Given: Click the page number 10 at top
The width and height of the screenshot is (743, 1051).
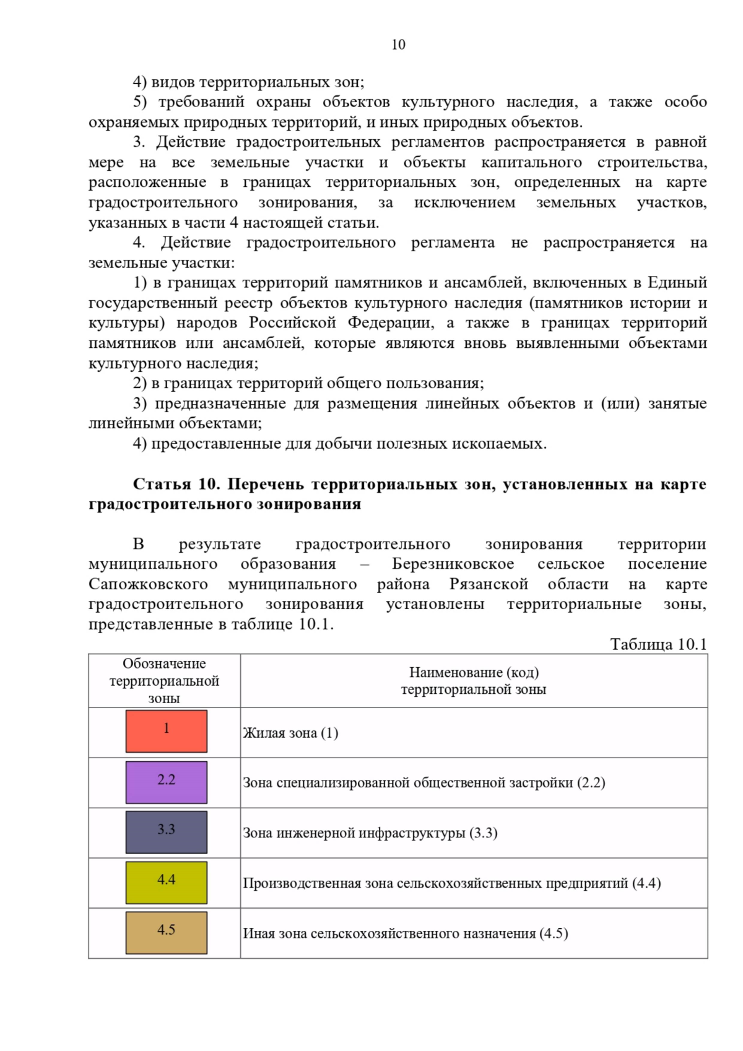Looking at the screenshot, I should [x=398, y=45].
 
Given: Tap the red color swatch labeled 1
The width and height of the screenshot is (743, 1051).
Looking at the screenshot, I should [x=166, y=732].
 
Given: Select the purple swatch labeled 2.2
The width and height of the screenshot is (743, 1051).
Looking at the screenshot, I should [x=166, y=782].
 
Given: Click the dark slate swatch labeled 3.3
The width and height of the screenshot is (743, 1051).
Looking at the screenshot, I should [x=166, y=833].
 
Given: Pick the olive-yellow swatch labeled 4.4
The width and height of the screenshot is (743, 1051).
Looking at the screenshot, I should [x=166, y=883].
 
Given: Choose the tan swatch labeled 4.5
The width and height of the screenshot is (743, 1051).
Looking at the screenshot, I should [x=166, y=933].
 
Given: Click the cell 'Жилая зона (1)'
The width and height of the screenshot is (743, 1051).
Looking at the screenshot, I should [x=290, y=733].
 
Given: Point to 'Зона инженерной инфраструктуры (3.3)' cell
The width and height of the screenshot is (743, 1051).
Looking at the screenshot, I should [x=370, y=833].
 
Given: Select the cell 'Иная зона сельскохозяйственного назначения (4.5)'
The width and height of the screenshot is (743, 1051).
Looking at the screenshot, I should [x=405, y=933].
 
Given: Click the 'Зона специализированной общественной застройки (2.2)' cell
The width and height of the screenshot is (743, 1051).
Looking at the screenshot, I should [x=424, y=783].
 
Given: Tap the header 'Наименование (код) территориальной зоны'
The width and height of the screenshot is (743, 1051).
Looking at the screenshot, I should [x=474, y=681].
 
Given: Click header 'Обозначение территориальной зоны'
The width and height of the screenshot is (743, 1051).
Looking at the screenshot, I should [x=164, y=681].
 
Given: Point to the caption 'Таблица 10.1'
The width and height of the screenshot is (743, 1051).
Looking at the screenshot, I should [x=658, y=644].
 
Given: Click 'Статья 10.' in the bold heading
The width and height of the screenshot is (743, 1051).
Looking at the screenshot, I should [x=175, y=484].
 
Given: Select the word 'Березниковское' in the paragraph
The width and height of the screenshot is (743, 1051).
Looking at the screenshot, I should [x=453, y=564].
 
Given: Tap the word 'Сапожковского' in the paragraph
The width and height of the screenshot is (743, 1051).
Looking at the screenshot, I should [x=148, y=584].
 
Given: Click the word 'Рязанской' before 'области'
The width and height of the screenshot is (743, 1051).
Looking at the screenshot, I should [x=489, y=584].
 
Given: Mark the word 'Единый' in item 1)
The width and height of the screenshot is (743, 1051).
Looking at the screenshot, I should [x=677, y=283].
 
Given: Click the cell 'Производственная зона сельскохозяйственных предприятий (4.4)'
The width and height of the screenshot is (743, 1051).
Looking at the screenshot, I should [x=451, y=883].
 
